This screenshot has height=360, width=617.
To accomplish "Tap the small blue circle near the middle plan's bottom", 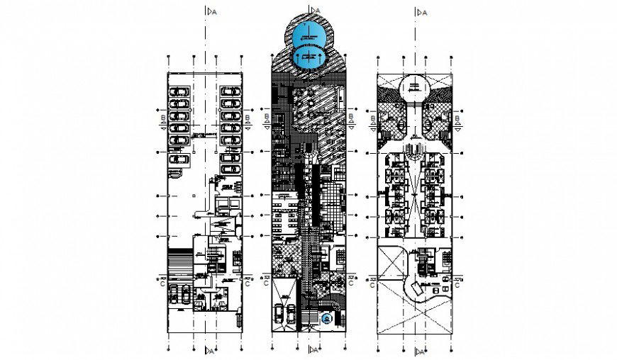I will tap(326, 320).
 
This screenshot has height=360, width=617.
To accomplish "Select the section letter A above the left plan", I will tap(211, 11).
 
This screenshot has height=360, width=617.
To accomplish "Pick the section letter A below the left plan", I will tap(211, 349).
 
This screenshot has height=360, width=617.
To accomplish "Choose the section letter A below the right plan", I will tap(423, 349).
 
